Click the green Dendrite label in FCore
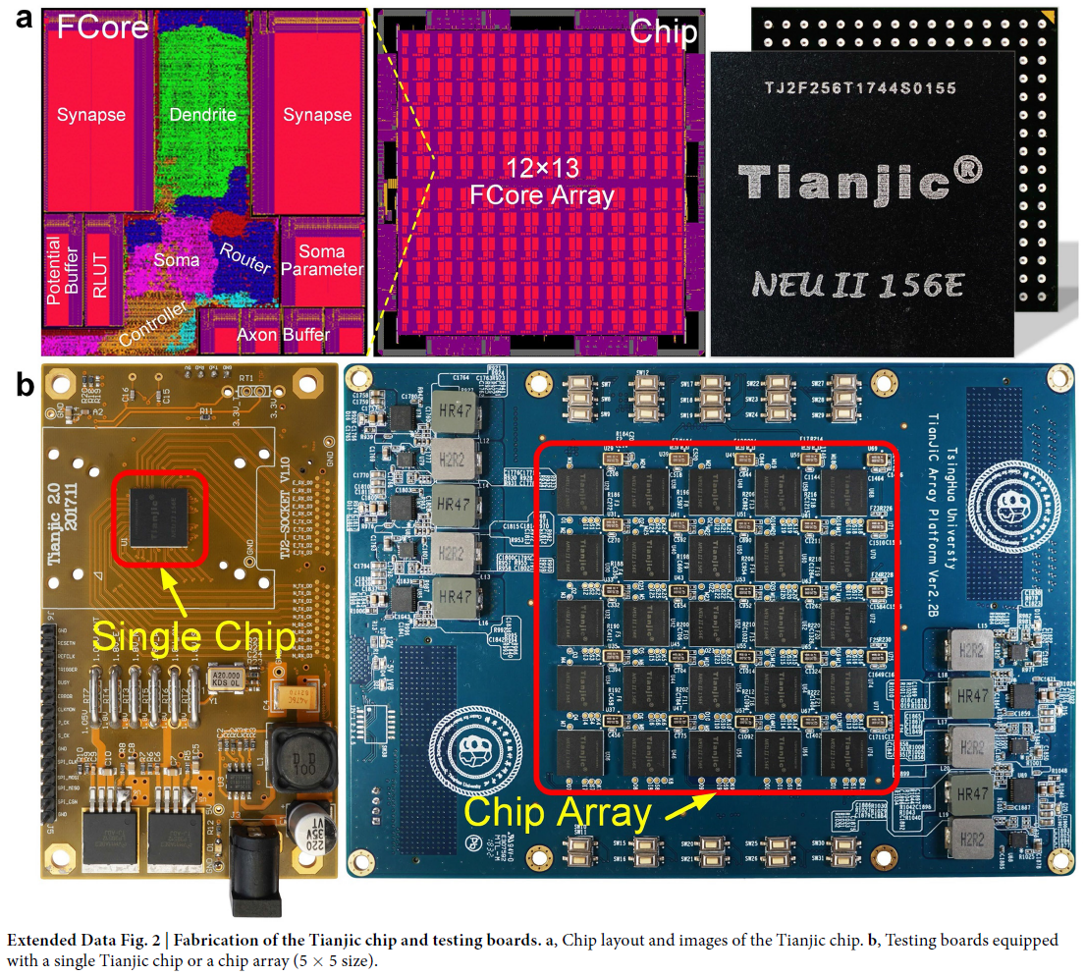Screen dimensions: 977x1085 (203, 115)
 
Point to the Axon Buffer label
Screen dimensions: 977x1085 (283, 336)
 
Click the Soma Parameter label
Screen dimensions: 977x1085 (328, 260)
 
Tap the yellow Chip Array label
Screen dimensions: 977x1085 (557, 814)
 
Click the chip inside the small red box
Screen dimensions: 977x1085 (158, 516)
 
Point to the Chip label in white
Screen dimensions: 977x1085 (662, 31)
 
